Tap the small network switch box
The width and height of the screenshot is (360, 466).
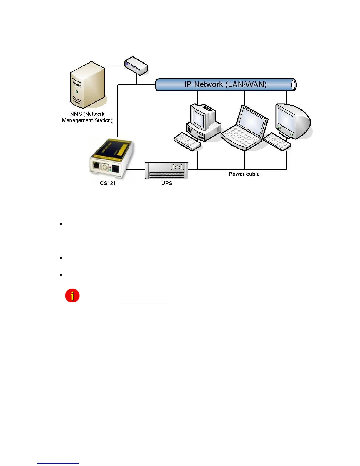[x=136, y=66]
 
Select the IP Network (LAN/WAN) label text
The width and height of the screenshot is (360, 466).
[x=225, y=84]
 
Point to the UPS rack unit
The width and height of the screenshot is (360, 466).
[x=166, y=171]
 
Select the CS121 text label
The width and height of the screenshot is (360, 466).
[x=108, y=183]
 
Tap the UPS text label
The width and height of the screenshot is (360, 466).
[x=166, y=183]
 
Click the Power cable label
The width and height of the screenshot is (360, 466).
[x=244, y=174]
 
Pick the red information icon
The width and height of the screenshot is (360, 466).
[x=72, y=296]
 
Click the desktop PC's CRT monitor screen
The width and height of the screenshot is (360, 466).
[x=198, y=116]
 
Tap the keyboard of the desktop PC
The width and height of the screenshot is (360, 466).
[x=187, y=141]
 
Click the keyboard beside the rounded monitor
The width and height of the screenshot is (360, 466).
[x=276, y=142]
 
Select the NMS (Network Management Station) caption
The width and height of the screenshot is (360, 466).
[x=87, y=117]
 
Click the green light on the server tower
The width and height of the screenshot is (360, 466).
[x=77, y=91]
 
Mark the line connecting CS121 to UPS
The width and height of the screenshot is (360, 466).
[x=135, y=169]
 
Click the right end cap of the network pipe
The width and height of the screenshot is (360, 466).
[x=294, y=85]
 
